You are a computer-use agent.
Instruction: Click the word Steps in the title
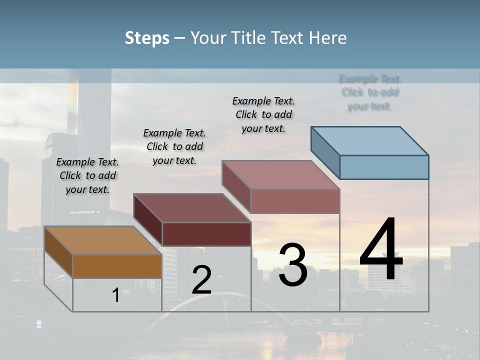point(147,38)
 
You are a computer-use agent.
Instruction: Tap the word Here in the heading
point(327,38)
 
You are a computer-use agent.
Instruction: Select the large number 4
point(381,250)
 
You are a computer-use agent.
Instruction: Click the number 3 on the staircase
point(292,265)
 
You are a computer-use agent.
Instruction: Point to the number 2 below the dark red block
point(201,280)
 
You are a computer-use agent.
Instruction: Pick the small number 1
point(115,295)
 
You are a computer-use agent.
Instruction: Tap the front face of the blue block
point(384,167)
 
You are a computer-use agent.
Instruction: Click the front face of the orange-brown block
point(117,266)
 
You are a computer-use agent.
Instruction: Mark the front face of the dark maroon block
point(206,234)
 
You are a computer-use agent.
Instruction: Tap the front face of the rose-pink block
point(295,201)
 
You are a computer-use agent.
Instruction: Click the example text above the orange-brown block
point(87,175)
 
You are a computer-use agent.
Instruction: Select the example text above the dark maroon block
point(174,146)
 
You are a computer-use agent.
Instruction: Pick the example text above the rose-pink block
point(263,114)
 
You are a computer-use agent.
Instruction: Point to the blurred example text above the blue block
point(370,92)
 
